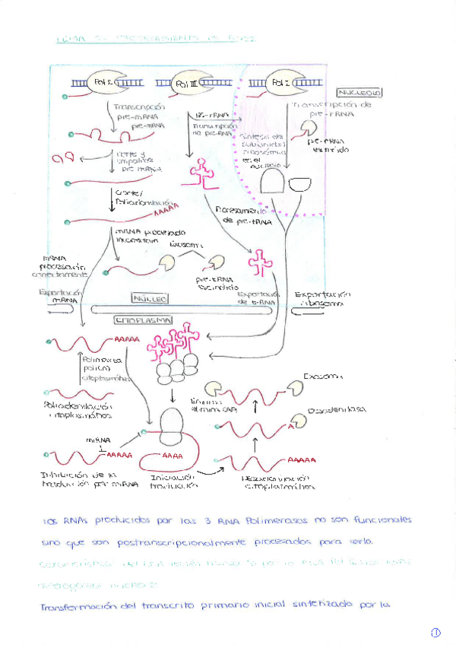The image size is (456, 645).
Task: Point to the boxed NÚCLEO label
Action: pyautogui.click(x=150, y=299)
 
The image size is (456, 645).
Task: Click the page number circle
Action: pyautogui.click(x=435, y=632)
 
